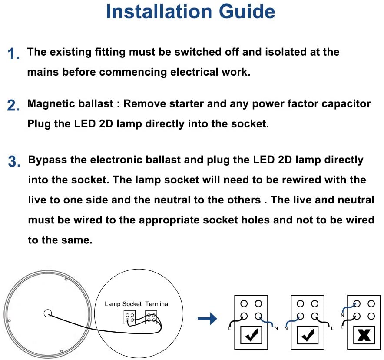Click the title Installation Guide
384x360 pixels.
[190, 12]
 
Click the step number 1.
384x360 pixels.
[13, 54]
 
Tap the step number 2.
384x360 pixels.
[13, 106]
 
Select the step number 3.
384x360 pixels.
[14, 161]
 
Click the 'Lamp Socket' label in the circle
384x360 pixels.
[123, 304]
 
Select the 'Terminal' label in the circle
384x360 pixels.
[157, 304]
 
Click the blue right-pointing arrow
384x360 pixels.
[207, 320]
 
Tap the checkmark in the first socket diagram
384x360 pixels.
[252, 335]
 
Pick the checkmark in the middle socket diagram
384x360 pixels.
[308, 335]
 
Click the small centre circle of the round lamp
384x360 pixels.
[47, 313]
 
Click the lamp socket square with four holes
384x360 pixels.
[129, 317]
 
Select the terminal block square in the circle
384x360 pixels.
[151, 317]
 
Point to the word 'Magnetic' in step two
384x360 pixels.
[48, 104]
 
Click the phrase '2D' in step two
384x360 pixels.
[106, 124]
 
